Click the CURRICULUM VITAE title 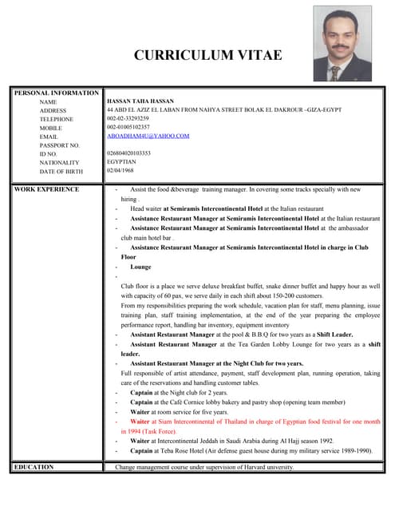click(207, 55)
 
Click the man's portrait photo click(342, 48)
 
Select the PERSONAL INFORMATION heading click(56, 93)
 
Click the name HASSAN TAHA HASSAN click(140, 101)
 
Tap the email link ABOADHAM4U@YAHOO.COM click(148, 136)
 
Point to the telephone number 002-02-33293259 click(128, 118)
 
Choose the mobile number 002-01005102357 click(128, 127)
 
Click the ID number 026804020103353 click(128, 153)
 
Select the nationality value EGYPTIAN click(123, 161)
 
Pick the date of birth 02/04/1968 click(120, 170)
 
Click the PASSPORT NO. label click(60, 145)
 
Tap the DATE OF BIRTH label click(61, 171)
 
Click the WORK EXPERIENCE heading click(47, 189)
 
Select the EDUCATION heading click(34, 466)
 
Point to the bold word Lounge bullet click(140, 267)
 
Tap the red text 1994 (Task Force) click(156, 430)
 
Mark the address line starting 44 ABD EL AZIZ click(224, 110)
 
